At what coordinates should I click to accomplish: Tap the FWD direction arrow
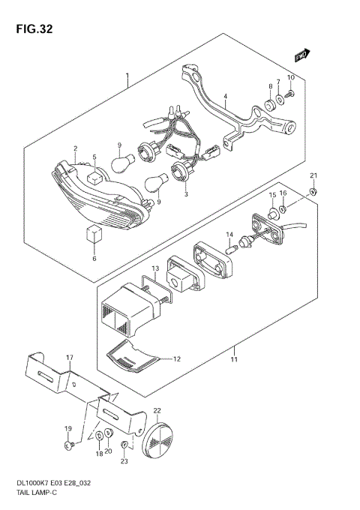click(301, 55)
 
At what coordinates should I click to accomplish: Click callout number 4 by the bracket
click(223, 95)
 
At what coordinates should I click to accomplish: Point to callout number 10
click(291, 78)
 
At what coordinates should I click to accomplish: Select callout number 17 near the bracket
click(69, 357)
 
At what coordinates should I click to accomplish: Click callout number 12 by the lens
click(177, 359)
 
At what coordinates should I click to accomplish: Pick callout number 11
click(233, 360)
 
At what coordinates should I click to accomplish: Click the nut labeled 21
click(313, 190)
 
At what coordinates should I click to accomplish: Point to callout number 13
click(154, 268)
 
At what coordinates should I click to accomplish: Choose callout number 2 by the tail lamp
click(75, 149)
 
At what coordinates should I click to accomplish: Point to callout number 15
click(273, 195)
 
